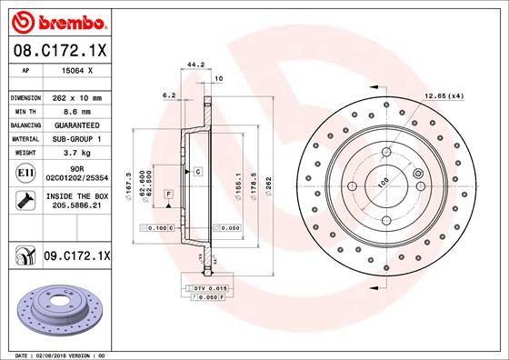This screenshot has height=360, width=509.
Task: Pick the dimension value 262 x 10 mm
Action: tap(75, 96)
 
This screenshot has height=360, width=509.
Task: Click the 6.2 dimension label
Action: tap(168, 94)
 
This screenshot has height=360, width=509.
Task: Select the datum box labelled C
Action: tap(196, 171)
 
